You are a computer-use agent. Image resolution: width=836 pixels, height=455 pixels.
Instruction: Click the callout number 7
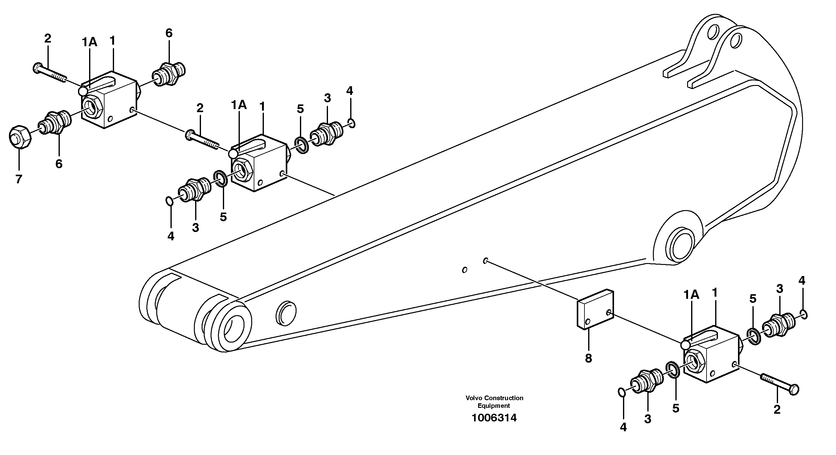pyautogui.click(x=18, y=179)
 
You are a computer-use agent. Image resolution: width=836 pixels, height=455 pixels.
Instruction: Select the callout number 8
pyautogui.click(x=588, y=358)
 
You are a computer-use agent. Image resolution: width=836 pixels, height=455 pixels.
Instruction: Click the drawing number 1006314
pyautogui.click(x=494, y=418)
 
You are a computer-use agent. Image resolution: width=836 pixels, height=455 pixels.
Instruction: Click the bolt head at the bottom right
pyautogui.click(x=793, y=389)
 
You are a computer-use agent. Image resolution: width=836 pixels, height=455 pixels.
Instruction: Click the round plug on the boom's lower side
pyautogui.click(x=286, y=313)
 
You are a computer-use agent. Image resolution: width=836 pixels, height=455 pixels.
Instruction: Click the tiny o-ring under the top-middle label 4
pyautogui.click(x=351, y=123)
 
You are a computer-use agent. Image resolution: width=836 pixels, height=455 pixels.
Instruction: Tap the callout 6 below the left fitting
pyautogui.click(x=59, y=164)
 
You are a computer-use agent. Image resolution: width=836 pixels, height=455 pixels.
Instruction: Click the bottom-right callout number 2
pyautogui.click(x=777, y=410)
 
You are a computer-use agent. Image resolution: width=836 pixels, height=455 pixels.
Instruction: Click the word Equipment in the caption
pyautogui.click(x=494, y=406)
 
